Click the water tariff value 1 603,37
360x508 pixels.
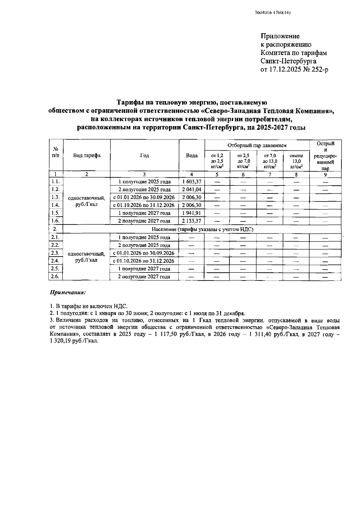coord(192,182)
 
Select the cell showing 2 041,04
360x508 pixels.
coord(192,189)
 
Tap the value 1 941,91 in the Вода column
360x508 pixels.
coord(192,213)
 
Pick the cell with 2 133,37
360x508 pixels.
coord(192,221)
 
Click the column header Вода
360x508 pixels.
coord(192,155)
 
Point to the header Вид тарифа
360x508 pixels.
coord(87,155)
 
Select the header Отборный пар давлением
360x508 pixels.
coord(257,146)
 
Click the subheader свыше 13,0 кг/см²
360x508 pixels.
coord(296,161)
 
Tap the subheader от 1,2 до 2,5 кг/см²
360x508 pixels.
coord(217,161)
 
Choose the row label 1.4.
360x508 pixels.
coord(55,205)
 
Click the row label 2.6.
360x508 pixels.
coord(55,276)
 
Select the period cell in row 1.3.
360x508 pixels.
coord(144,197)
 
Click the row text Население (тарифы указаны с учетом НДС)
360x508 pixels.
coord(202,229)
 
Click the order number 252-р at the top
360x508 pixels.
coord(319,70)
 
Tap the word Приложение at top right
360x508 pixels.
coord(280,36)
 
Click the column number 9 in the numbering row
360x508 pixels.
coord(325,174)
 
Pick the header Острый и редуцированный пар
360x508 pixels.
coord(325,155)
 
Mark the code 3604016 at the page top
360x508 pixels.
coord(263,13)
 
